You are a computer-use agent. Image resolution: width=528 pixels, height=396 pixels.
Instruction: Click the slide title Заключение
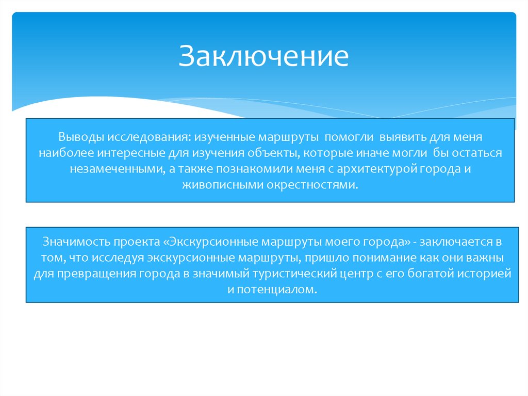coord(263,56)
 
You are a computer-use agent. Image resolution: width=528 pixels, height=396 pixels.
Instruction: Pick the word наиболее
coord(65,153)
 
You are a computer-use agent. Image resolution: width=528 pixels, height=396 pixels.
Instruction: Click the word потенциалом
coord(275,290)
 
